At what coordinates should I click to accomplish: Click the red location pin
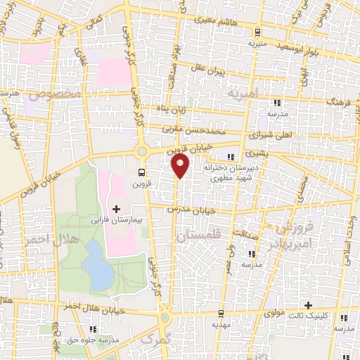[181, 166]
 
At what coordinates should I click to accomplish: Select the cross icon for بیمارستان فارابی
[116, 209]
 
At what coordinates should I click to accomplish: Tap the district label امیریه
[244, 93]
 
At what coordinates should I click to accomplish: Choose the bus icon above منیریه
[257, 31]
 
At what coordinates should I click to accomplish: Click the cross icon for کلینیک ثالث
[309, 305]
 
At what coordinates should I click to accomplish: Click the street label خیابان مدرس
[189, 210]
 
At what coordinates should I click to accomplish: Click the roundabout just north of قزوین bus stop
[143, 150]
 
